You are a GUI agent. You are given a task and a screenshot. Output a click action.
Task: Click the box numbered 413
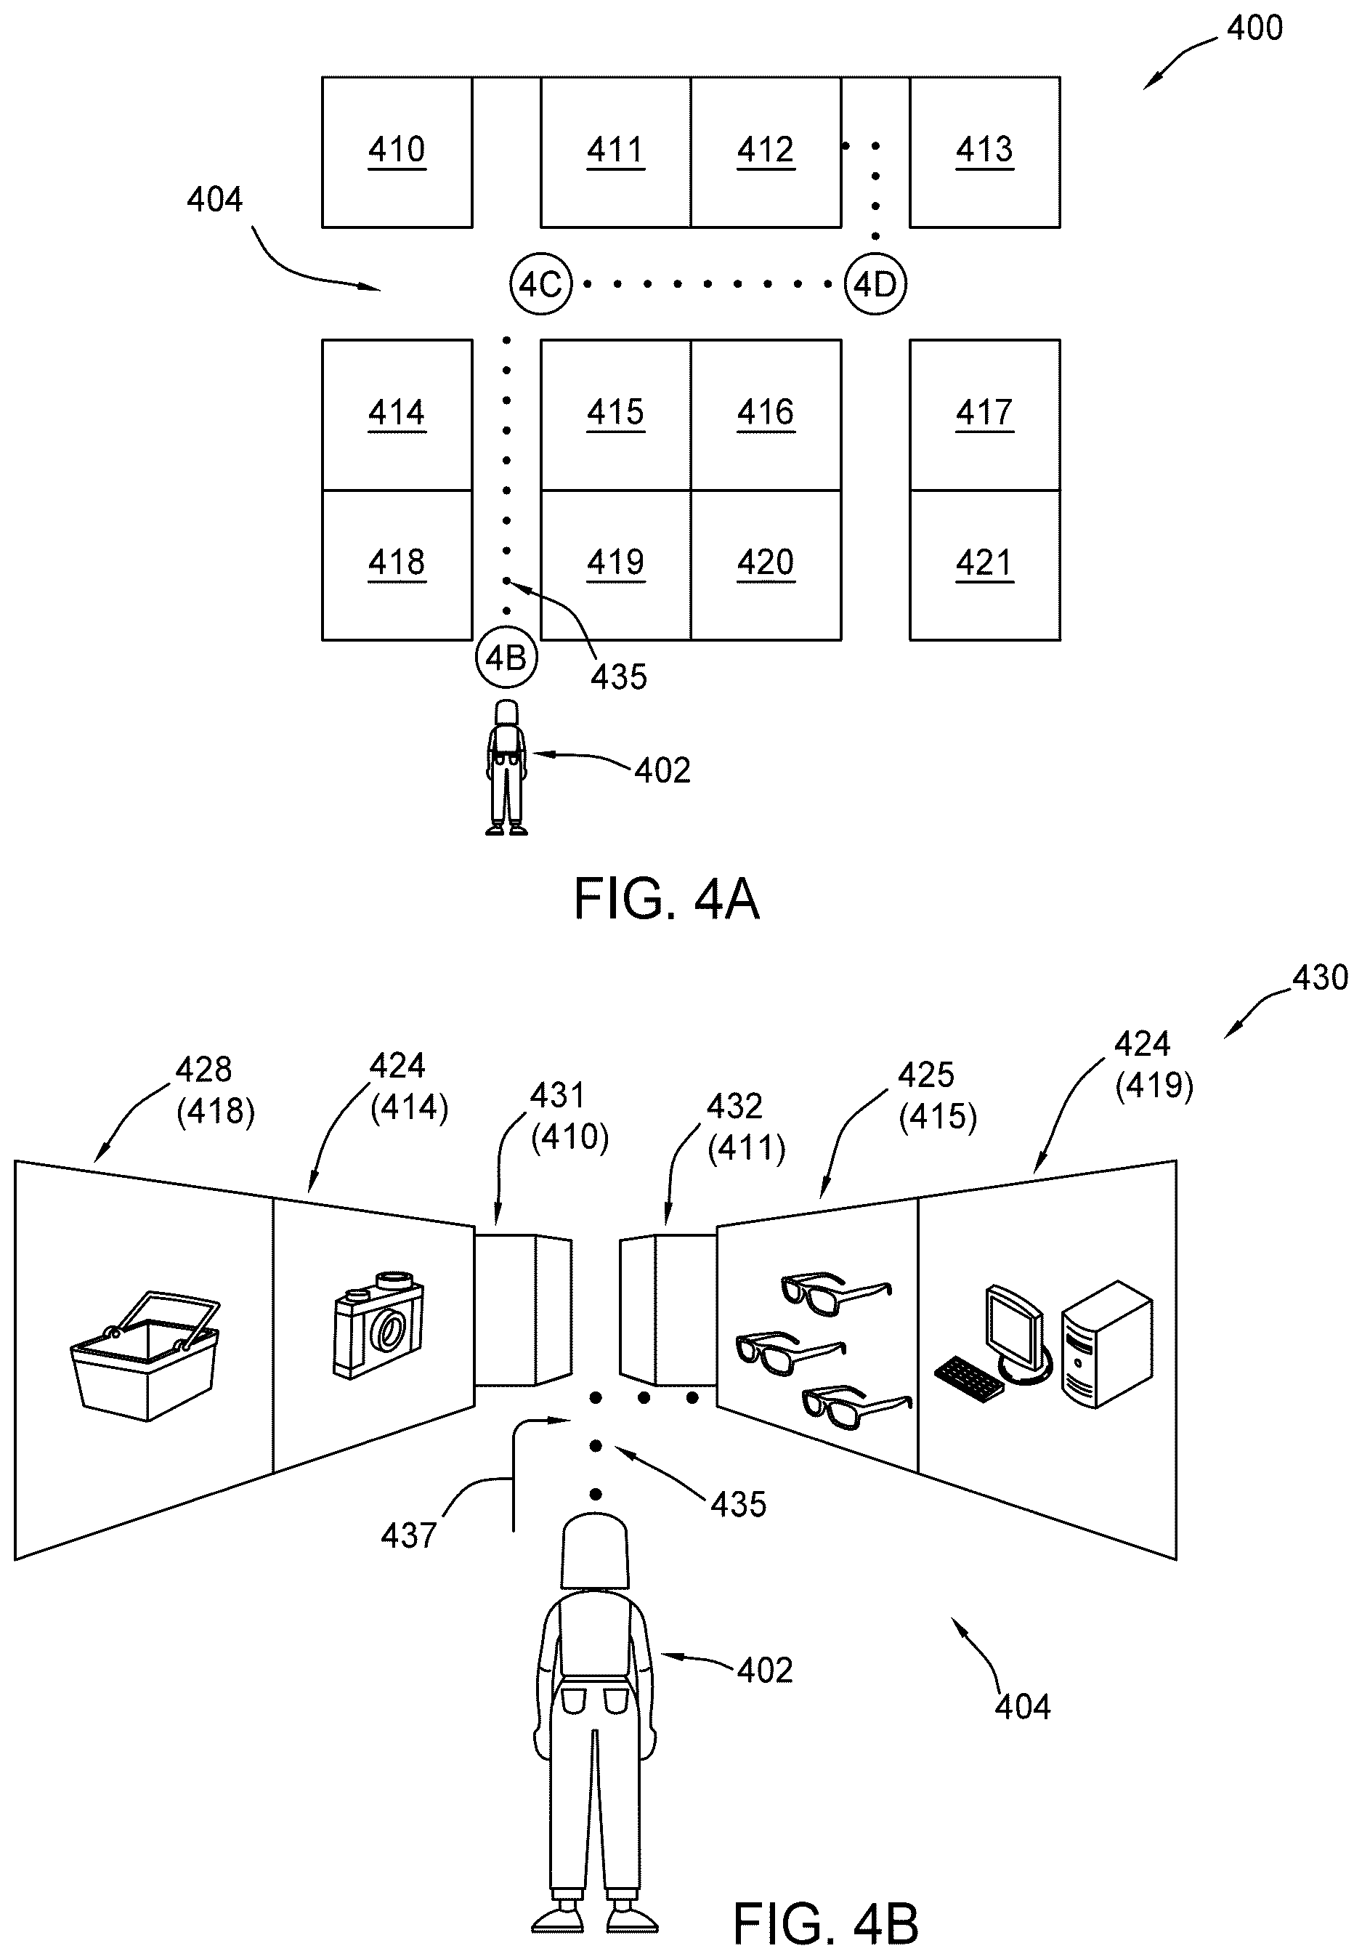point(985,152)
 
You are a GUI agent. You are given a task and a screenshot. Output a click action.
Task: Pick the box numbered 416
point(766,415)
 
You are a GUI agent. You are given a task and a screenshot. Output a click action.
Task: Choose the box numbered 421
point(985,565)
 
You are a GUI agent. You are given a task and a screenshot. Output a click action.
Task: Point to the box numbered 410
point(397,152)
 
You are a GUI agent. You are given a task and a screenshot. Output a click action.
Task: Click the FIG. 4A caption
point(666,898)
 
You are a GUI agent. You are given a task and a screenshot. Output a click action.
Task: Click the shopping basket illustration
point(144,1356)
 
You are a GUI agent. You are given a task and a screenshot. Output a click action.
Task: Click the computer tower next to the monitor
point(1106,1344)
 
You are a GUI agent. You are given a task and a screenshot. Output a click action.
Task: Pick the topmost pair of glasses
point(836,1293)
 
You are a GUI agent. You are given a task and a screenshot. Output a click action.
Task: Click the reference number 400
point(1254,28)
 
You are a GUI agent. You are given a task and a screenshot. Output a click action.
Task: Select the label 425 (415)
point(936,1096)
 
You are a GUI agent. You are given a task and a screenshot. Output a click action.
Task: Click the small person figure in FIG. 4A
point(506,767)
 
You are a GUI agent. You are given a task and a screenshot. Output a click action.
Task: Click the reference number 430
point(1320,978)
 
